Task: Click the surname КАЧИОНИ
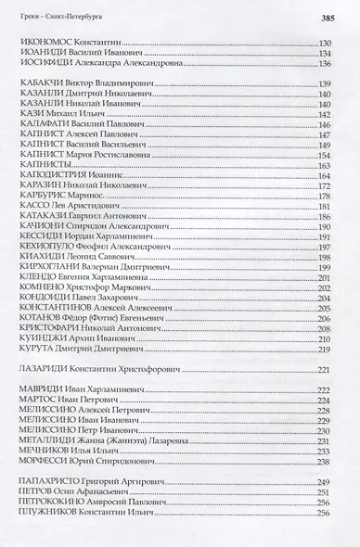point(40,226)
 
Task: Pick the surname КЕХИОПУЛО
point(45,247)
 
